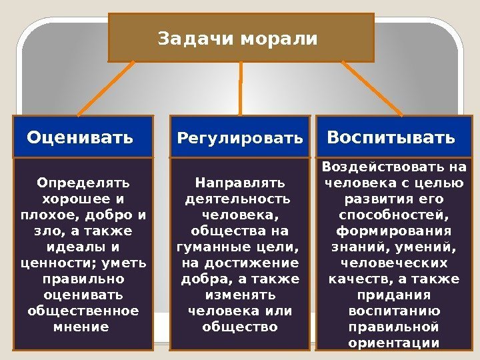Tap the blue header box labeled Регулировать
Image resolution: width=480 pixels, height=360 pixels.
[240, 137]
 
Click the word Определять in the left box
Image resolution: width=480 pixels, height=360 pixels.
[84, 182]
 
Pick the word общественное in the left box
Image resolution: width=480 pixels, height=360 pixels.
[84, 311]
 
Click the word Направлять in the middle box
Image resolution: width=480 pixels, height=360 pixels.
[240, 182]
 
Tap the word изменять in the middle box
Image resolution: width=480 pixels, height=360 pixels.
[240, 295]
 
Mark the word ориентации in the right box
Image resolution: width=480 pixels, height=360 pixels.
[393, 343]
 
